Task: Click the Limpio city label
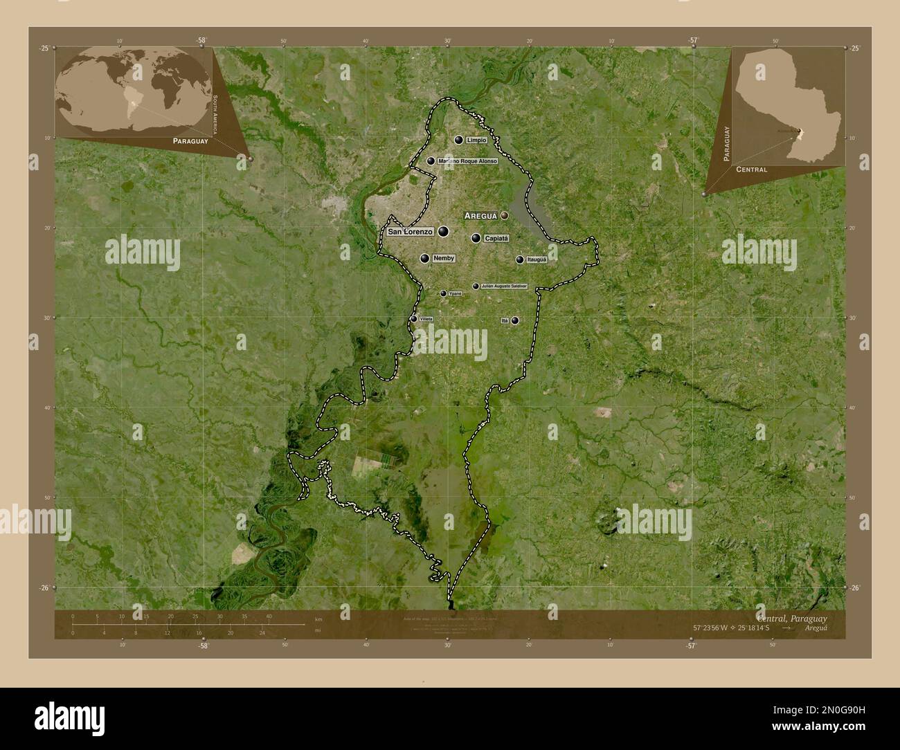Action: click(477, 140)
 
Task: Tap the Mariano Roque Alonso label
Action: click(467, 161)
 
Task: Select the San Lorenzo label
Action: click(410, 232)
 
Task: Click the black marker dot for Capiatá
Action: click(476, 238)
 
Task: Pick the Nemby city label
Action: click(443, 258)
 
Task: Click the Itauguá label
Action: click(537, 259)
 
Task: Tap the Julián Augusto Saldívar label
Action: click(504, 286)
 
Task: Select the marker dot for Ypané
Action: click(443, 293)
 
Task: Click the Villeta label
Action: click(426, 319)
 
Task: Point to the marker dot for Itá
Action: click(515, 320)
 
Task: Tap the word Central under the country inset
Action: click(751, 169)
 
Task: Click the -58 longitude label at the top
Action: click(201, 41)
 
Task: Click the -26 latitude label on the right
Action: click(855, 587)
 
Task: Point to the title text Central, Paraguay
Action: click(791, 617)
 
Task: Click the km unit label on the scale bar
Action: click(318, 619)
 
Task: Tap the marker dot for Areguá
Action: click(505, 216)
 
